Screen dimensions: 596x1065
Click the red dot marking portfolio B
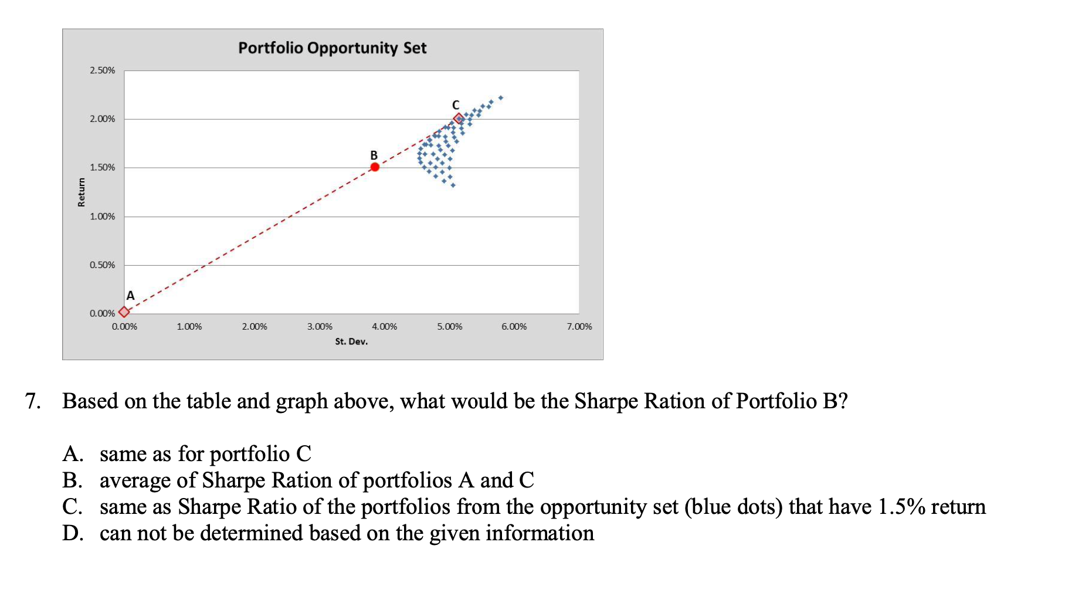tap(375, 167)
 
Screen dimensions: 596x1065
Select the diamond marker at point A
tap(124, 312)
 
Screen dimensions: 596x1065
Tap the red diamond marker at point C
tap(459, 118)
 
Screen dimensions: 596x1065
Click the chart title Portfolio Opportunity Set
tap(332, 48)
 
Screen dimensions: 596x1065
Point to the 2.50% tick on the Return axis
tap(103, 70)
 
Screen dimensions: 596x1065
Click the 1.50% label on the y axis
tap(103, 168)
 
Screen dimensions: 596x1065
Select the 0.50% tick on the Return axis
tap(103, 265)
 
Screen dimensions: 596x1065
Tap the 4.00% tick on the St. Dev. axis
tap(384, 327)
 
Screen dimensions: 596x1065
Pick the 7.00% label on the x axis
tap(579, 327)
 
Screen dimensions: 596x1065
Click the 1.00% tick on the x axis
tap(189, 327)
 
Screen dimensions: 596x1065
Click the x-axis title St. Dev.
tap(351, 341)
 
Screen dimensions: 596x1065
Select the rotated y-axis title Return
tap(82, 192)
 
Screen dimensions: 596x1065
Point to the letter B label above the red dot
tap(374, 155)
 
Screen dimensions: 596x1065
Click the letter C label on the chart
tap(456, 105)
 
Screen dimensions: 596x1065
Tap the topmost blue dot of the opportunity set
tap(501, 97)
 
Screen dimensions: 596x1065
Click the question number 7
tap(32, 401)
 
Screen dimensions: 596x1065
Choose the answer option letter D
tap(72, 533)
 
